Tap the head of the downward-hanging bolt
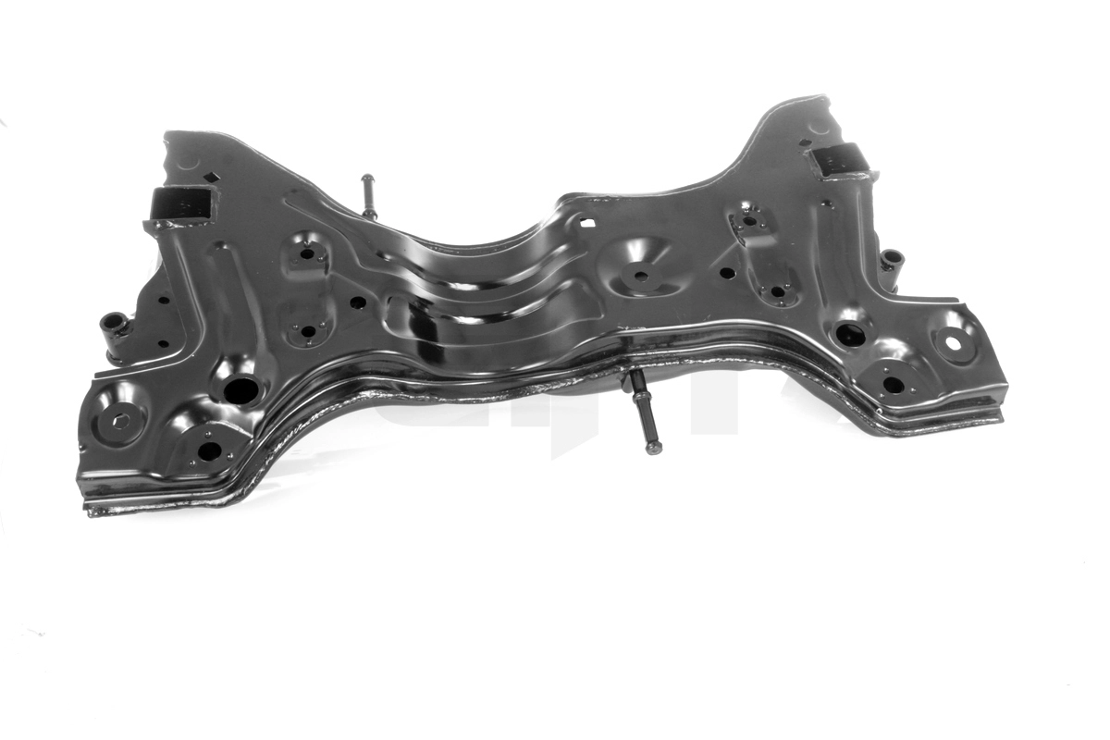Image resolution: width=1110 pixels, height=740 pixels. click(x=654, y=448)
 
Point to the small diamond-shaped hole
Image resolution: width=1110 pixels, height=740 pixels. click(x=211, y=178)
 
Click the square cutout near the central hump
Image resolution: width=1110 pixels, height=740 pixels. click(x=586, y=222)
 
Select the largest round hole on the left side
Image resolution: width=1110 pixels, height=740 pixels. click(x=240, y=390)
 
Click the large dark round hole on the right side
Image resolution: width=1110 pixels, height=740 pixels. click(x=850, y=335)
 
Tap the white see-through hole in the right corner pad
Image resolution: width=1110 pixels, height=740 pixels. click(x=952, y=344)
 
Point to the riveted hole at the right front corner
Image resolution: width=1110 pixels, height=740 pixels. click(x=893, y=383)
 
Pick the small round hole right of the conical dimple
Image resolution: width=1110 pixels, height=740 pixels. click(x=727, y=273)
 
